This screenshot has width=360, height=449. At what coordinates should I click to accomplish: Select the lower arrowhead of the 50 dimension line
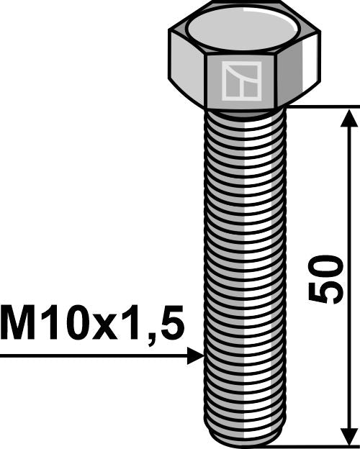[349, 437]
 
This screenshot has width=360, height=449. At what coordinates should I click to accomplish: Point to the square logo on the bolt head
[240, 81]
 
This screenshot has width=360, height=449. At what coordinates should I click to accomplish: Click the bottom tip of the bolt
[245, 443]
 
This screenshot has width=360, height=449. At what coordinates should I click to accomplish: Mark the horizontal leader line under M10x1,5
[94, 356]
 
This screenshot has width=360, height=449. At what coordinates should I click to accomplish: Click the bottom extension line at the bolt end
[317, 446]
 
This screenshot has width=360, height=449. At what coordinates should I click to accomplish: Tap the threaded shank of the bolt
[245, 273]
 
